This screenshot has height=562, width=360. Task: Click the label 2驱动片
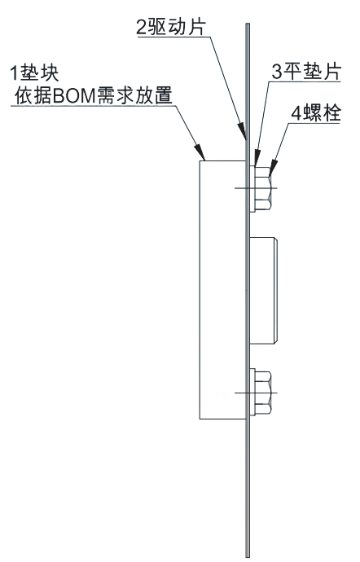(171, 28)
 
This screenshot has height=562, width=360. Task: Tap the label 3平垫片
(306, 72)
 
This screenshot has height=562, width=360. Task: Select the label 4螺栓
(315, 113)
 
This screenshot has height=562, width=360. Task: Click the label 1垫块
(34, 73)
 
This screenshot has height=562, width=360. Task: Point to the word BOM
(74, 96)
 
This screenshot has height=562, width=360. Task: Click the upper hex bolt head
(263, 188)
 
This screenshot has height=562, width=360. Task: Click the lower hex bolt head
(263, 393)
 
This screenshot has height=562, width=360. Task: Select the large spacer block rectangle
(222, 290)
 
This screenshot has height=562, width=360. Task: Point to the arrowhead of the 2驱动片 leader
(243, 131)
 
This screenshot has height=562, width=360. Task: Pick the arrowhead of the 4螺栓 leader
(273, 168)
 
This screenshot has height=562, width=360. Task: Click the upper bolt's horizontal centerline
(256, 188)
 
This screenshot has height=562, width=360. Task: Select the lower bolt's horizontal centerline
(256, 393)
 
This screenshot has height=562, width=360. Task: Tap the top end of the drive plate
(248, 24)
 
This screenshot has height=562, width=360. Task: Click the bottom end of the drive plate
(248, 556)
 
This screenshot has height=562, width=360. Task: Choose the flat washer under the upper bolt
(252, 188)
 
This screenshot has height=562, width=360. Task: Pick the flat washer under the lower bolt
(252, 393)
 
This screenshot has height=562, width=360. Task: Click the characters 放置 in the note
(156, 95)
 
